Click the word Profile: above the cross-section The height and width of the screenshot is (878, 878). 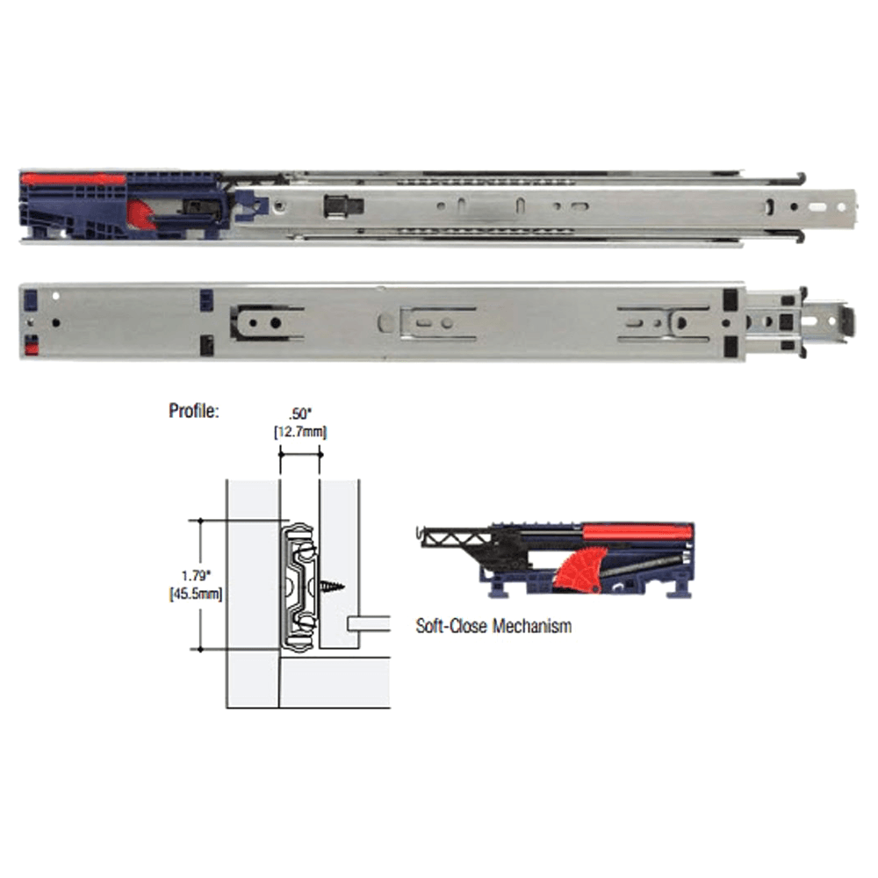(x=193, y=411)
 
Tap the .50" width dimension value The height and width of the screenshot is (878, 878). (x=299, y=414)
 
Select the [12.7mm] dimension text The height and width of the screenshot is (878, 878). (x=300, y=432)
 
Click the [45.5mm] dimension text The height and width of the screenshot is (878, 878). (x=196, y=594)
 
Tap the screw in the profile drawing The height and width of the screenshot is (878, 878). (x=331, y=587)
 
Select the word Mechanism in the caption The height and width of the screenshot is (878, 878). (x=533, y=625)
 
